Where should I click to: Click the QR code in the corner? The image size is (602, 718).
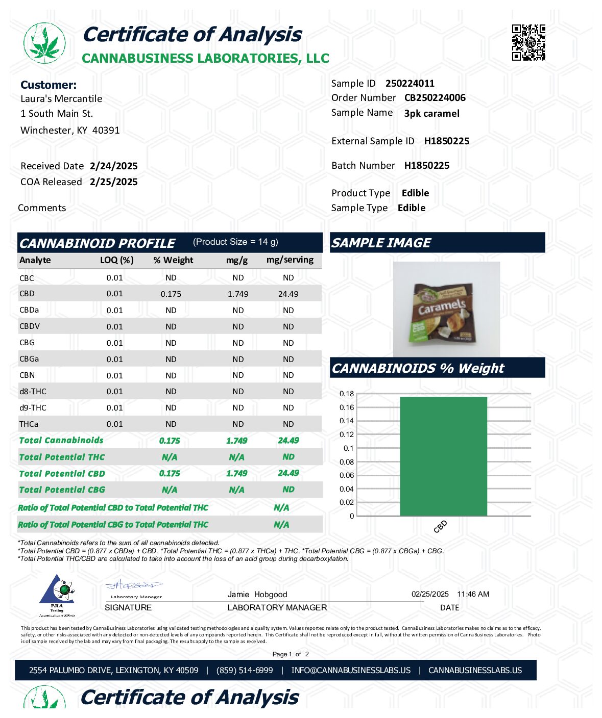point(528,42)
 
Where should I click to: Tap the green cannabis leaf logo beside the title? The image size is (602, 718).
point(44,43)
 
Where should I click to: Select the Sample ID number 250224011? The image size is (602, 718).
point(410,83)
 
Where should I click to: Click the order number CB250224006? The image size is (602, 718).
point(435,97)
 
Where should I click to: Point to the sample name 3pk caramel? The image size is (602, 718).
point(431,113)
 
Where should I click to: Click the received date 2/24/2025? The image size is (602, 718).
point(113,166)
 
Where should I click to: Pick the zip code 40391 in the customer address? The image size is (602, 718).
point(106,130)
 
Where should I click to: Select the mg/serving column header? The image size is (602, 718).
point(290,260)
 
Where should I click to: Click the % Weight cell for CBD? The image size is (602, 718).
point(171,294)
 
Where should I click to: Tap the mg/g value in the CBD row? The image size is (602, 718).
point(238,294)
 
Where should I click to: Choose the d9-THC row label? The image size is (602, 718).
point(33,407)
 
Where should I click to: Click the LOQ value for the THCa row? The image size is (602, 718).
point(114,424)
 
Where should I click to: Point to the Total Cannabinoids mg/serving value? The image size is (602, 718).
point(288,440)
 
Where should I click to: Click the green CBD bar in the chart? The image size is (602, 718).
point(443,456)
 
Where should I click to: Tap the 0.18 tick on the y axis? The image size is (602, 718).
point(347,394)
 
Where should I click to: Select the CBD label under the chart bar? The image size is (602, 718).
point(440,526)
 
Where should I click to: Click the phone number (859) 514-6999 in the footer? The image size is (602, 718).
point(245,670)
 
